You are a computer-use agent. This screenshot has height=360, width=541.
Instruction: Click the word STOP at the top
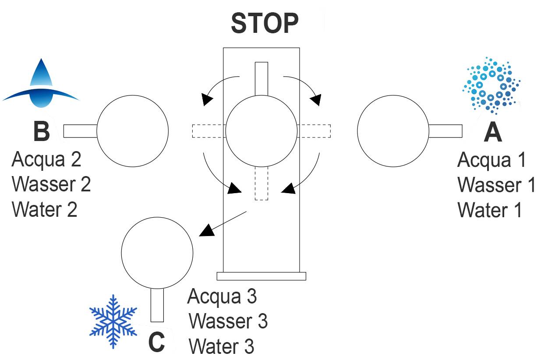[265, 24]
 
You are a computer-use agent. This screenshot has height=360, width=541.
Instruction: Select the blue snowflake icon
[113, 321]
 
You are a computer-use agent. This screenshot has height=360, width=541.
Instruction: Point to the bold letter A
[492, 133]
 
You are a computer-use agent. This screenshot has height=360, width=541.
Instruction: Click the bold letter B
[42, 132]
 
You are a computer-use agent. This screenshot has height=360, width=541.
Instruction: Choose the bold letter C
[157, 343]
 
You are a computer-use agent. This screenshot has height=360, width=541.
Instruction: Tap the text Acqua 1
[491, 161]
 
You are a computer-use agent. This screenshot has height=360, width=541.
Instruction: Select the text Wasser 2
[51, 184]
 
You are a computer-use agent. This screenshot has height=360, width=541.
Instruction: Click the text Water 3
[221, 347]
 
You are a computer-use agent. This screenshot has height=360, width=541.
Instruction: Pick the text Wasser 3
[228, 322]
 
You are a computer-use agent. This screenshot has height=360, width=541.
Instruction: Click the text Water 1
[490, 210]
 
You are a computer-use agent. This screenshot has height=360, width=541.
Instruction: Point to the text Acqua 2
[46, 160]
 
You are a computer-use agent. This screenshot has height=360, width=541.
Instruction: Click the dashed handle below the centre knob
[261, 184]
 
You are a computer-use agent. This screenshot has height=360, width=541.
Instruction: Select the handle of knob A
[445, 131]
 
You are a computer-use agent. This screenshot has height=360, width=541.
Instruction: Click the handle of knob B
[80, 131]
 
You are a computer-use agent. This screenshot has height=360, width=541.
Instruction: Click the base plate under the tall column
[261, 276]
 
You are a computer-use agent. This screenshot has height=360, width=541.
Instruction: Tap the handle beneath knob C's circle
[157, 305]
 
